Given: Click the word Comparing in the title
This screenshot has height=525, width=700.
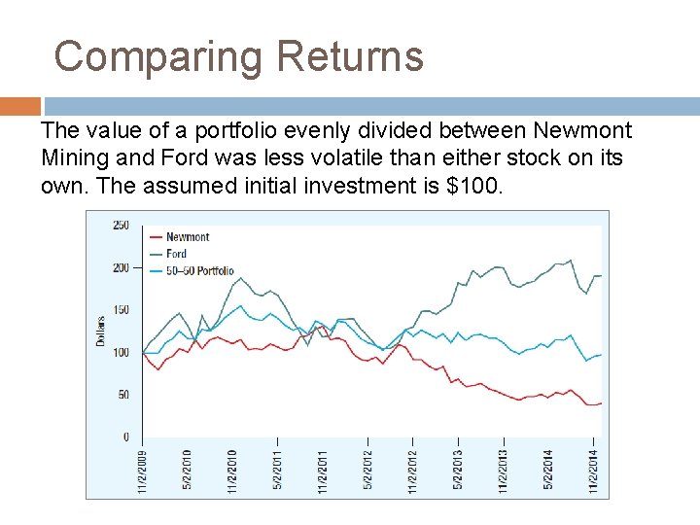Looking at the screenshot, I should (158, 56).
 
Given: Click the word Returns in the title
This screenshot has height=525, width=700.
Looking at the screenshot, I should (350, 56).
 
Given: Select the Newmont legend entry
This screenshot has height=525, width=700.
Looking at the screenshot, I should (187, 237).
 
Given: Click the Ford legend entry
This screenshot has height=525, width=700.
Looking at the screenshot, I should (176, 254).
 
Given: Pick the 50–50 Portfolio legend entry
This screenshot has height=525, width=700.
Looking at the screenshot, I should (199, 270).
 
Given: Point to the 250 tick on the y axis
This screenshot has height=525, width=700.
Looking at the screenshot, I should (121, 226).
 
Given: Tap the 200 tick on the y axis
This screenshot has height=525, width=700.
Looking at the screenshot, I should (121, 268).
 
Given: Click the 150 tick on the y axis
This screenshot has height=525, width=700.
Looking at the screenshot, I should (121, 310).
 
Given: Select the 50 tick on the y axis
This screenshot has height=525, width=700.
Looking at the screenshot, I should (123, 395).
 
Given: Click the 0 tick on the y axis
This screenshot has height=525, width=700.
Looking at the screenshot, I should (125, 437).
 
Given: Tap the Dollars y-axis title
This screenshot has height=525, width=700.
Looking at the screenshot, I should (100, 332).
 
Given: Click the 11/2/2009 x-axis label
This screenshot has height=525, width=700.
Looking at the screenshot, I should (143, 471).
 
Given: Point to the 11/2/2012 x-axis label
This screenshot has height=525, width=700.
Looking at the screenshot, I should (412, 471).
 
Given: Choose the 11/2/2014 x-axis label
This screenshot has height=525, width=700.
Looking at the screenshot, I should (592, 471).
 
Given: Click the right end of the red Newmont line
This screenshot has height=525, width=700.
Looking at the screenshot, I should (601, 402).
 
